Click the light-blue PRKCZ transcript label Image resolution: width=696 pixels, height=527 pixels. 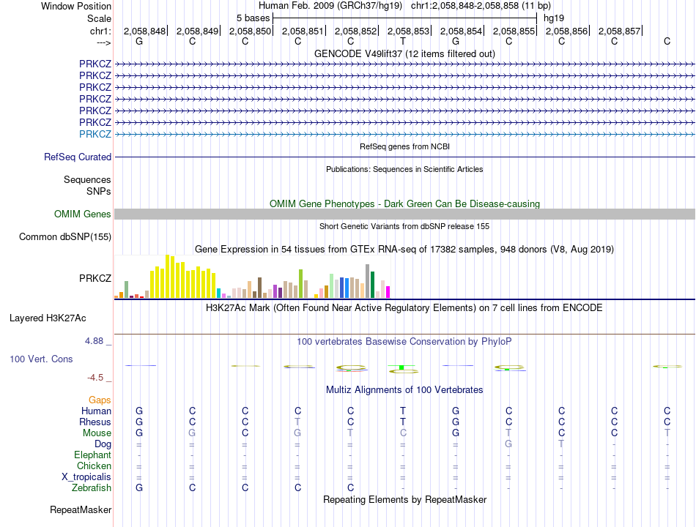click(x=95, y=134)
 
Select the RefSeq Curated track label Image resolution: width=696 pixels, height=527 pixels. click(x=78, y=157)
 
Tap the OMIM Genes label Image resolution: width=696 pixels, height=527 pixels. click(x=83, y=214)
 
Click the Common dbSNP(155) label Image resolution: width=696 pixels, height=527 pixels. click(x=65, y=237)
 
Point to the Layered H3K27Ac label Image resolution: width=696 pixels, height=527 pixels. click(x=48, y=318)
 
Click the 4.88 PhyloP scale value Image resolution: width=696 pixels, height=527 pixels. click(x=94, y=340)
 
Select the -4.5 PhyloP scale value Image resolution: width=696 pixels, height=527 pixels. click(x=95, y=378)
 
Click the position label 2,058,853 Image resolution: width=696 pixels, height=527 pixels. click(x=408, y=31)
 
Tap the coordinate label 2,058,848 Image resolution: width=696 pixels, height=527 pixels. click(x=145, y=31)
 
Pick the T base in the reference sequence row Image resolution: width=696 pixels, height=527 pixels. click(x=403, y=41)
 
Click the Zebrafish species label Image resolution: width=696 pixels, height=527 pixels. click(x=92, y=488)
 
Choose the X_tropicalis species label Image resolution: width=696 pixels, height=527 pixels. click(x=86, y=477)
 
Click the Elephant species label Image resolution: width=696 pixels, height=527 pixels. click(x=93, y=455)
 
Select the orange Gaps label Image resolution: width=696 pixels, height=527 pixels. click(x=100, y=400)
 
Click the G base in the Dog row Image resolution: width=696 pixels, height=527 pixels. click(x=508, y=444)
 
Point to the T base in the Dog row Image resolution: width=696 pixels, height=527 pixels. click(x=561, y=444)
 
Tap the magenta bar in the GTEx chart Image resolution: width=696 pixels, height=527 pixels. click(x=388, y=292)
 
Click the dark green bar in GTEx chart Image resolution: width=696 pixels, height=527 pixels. click(x=373, y=284)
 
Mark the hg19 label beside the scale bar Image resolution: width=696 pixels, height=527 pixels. click(x=554, y=18)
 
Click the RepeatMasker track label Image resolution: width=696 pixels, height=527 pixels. click(x=81, y=510)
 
